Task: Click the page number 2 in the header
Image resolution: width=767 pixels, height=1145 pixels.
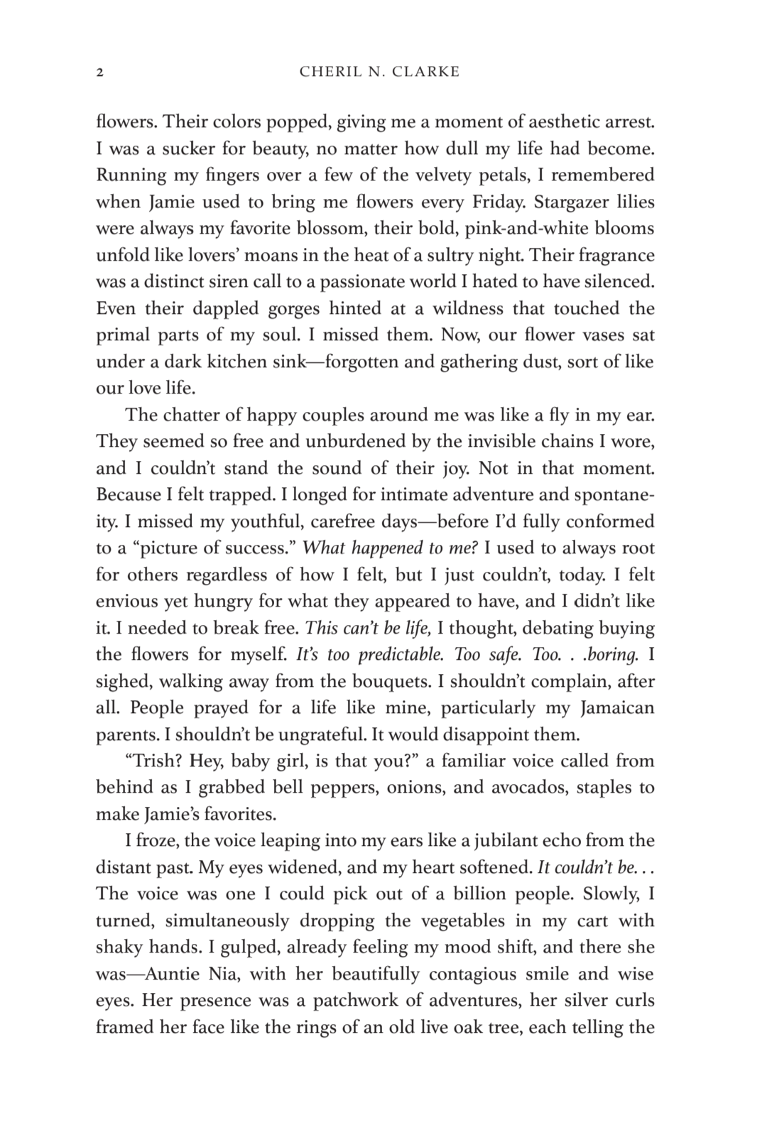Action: coord(99,72)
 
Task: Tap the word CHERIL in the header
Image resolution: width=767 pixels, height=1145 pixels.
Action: coord(325,72)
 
